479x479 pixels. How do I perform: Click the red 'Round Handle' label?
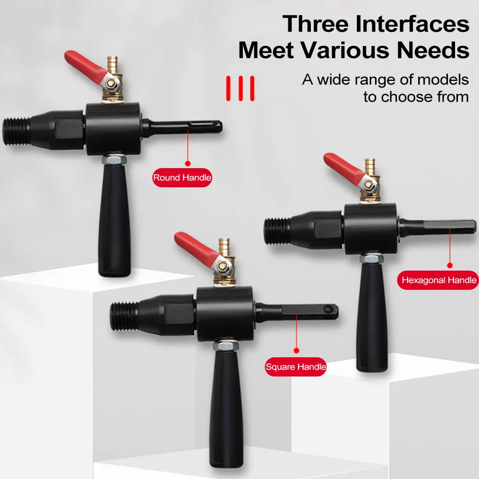[x=182, y=178]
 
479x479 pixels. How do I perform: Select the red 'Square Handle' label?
[x=296, y=367]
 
